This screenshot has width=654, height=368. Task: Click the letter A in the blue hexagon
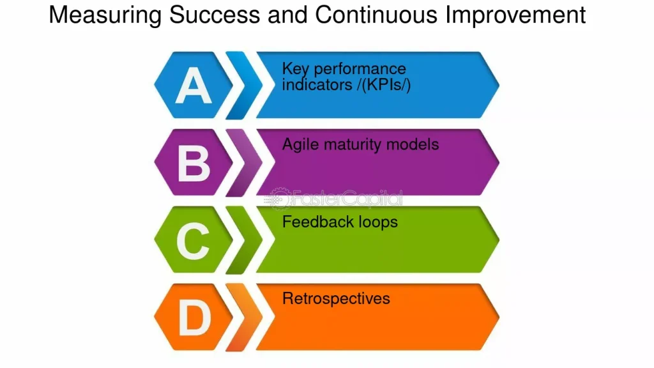[194, 86]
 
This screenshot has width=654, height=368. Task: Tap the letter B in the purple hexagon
[194, 163]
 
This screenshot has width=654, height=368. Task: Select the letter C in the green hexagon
[193, 240]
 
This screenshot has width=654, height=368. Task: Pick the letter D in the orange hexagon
[194, 318]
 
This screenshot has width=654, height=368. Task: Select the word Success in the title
[215, 15]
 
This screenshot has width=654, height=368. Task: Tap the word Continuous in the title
[376, 15]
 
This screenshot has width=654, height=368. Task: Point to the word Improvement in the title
[515, 16]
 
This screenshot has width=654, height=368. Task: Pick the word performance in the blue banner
[360, 69]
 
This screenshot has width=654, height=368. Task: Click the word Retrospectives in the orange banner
[336, 299]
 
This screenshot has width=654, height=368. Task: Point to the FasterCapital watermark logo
[333, 198]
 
